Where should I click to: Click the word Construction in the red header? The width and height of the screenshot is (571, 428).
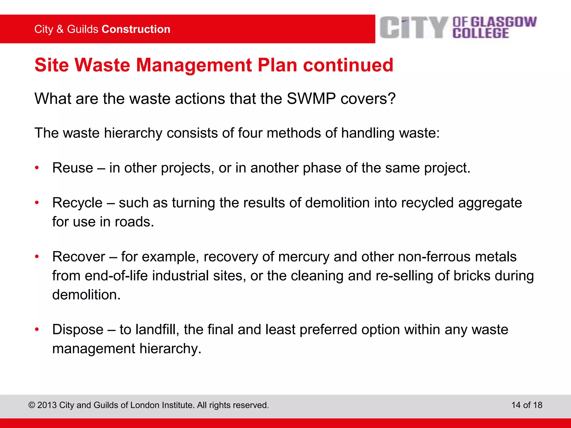tap(136, 29)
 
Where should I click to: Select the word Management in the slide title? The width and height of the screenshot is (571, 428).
tap(194, 65)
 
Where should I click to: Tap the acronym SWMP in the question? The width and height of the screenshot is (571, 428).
tap(311, 99)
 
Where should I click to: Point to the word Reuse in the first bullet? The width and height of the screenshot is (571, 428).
tap(73, 168)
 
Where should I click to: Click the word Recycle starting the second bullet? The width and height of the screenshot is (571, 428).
tap(78, 203)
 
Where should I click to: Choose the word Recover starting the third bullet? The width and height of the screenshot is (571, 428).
tap(79, 257)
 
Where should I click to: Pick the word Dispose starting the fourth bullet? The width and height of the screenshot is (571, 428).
tap(78, 330)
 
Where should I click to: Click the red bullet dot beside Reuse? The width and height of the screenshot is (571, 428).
tap(37, 168)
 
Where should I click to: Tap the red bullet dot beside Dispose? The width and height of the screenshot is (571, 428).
tap(37, 330)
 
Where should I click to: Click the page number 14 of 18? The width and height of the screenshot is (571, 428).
tap(527, 405)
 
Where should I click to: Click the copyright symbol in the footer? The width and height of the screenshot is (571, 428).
tap(32, 405)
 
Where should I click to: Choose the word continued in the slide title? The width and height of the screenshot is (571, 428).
tap(348, 65)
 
